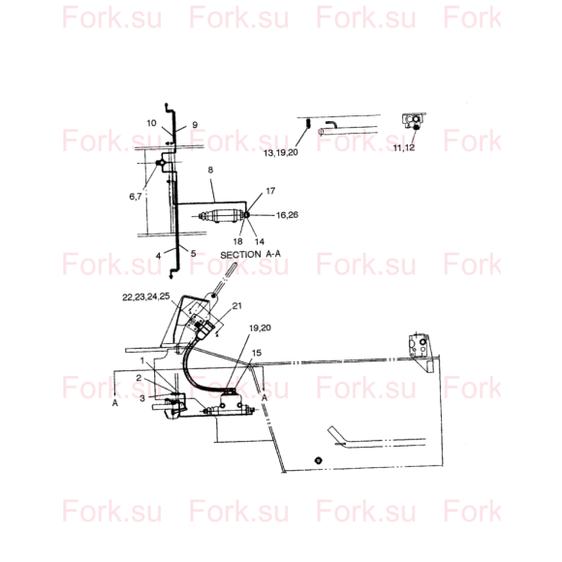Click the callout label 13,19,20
click(281, 153)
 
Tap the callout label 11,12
click(404, 147)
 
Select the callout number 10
click(151, 123)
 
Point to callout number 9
click(195, 125)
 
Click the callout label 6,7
click(136, 197)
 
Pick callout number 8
click(210, 170)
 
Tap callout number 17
click(270, 191)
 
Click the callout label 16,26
click(287, 215)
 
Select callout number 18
click(237, 241)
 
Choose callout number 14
click(260, 241)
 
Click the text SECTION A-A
click(251, 255)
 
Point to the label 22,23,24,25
click(146, 297)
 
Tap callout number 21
click(237, 306)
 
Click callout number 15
click(257, 353)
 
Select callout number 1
click(142, 360)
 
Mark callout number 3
click(142, 398)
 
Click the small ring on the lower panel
click(318, 460)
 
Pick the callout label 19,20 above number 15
click(260, 328)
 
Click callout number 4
click(158, 256)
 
